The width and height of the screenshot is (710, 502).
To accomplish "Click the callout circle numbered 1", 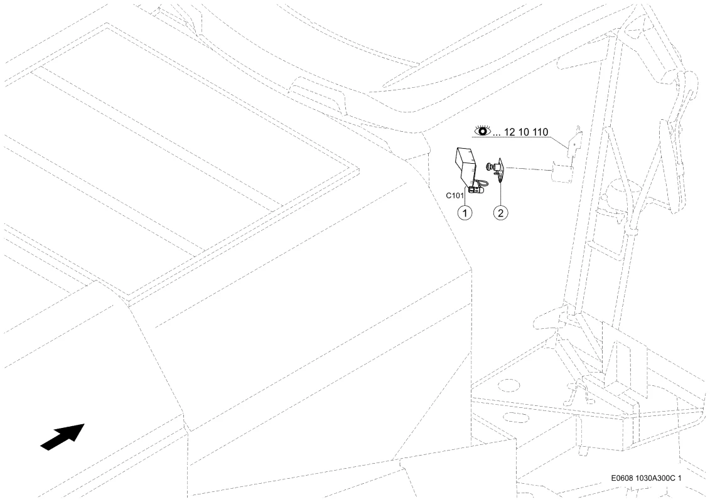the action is click(465, 212).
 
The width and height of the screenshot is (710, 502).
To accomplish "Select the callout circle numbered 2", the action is click(500, 212).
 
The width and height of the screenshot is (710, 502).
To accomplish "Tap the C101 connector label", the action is click(455, 196).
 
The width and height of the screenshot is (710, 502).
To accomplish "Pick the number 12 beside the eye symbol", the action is click(509, 132).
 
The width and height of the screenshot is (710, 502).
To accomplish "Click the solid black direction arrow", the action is click(63, 437).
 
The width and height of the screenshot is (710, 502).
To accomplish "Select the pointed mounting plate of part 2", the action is click(501, 171).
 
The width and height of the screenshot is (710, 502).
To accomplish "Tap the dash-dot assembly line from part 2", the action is click(529, 169).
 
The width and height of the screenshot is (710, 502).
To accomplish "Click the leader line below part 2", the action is click(500, 195).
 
